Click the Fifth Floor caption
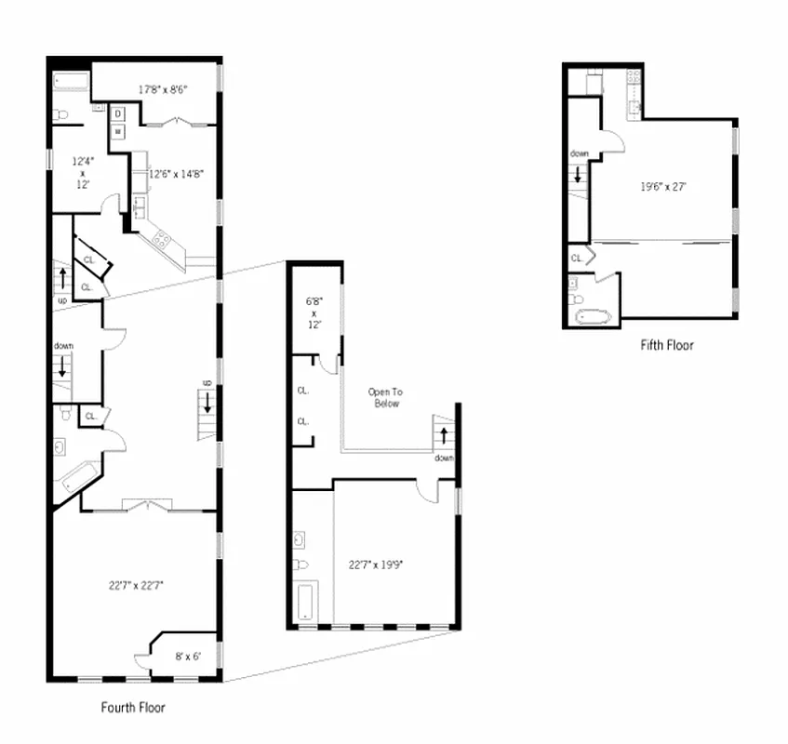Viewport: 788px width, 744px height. pos(666,345)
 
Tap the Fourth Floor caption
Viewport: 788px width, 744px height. pos(133,707)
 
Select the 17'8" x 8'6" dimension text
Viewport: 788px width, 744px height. pos(164,90)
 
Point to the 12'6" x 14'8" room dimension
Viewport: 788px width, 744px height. pos(177,173)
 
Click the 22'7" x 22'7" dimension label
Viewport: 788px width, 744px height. pos(136,585)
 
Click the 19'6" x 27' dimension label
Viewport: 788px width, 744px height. pos(663,186)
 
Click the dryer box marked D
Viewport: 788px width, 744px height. pos(118,114)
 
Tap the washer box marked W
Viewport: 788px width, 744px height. pos(118,132)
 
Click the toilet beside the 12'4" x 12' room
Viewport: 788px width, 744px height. pos(60,114)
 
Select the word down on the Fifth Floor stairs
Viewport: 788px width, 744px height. pos(579,153)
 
